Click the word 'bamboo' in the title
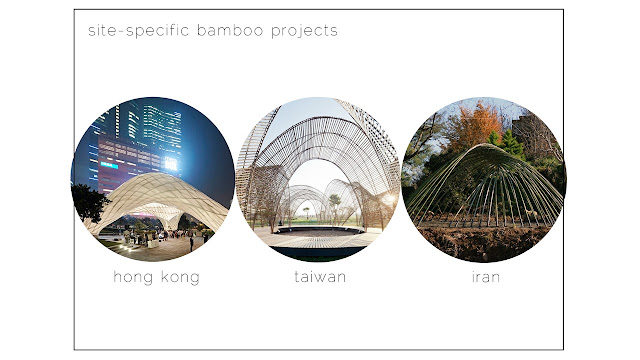[x=230, y=31]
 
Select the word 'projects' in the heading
[x=304, y=31]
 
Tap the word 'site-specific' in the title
[x=138, y=31]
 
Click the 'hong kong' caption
[x=157, y=278]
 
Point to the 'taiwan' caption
[x=320, y=277]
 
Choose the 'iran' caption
[x=486, y=277]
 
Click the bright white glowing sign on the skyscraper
[x=171, y=164]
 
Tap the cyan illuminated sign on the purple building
[x=109, y=165]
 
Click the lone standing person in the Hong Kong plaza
[x=191, y=243]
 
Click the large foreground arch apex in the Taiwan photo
[x=322, y=119]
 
